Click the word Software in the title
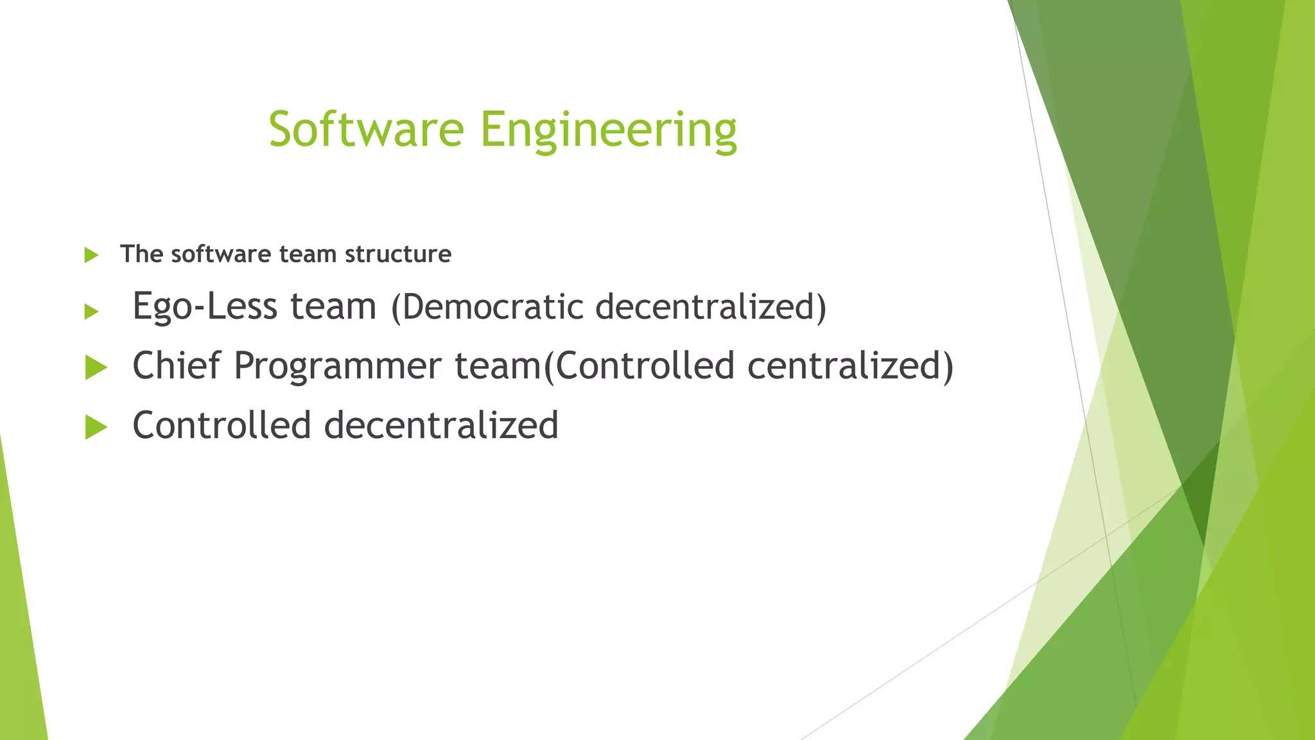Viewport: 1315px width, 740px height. pyautogui.click(x=366, y=129)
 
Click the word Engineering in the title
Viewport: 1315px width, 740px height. pyautogui.click(x=608, y=130)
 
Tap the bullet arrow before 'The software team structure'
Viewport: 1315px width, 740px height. pyautogui.click(x=91, y=255)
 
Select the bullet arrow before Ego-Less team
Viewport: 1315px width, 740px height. pyautogui.click(x=91, y=312)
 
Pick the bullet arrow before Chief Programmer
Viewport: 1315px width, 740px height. pyautogui.click(x=96, y=368)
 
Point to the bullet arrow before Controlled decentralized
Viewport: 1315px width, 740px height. pyautogui.click(x=96, y=427)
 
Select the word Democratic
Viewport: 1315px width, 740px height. pyautogui.click(x=491, y=306)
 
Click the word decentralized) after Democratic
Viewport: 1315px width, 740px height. pyautogui.click(x=711, y=306)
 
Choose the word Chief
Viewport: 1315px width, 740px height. pyautogui.click(x=176, y=366)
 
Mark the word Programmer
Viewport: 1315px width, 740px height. pyautogui.click(x=338, y=367)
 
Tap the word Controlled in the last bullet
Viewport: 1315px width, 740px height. pyautogui.click(x=222, y=425)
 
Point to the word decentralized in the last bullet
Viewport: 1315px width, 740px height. pyautogui.click(x=441, y=425)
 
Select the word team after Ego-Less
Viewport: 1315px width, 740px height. pyautogui.click(x=333, y=306)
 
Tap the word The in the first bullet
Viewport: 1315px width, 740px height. pyautogui.click(x=141, y=254)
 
